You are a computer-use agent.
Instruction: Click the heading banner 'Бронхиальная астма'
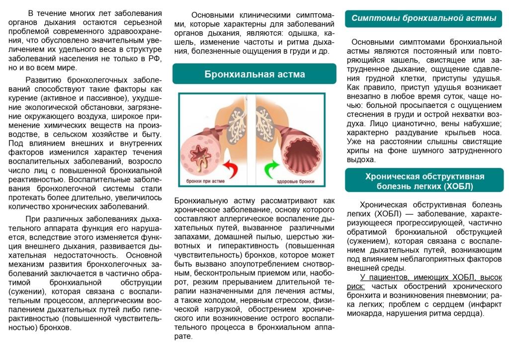coord(254,74)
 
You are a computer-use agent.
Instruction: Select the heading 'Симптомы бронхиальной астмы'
coord(424,18)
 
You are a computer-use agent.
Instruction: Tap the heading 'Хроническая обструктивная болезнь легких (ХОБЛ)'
coord(424,181)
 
